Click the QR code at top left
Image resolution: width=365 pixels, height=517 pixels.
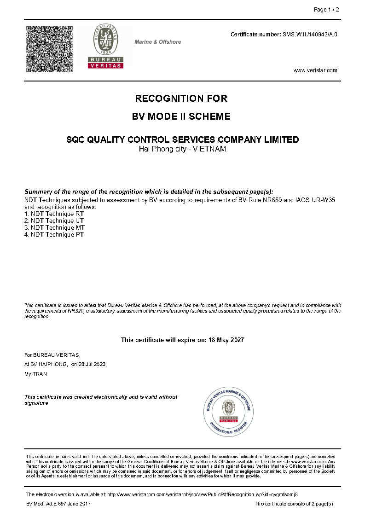(49, 49)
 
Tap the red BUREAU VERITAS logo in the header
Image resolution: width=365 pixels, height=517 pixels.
(105, 46)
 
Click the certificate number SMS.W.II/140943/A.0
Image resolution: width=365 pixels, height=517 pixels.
(310, 35)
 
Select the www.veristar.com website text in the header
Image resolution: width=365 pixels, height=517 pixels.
(315, 70)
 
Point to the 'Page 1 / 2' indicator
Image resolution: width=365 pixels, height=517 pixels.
(326, 10)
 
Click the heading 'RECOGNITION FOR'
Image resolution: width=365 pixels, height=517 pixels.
(181, 99)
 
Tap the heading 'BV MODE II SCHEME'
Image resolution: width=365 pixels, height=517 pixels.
(181, 116)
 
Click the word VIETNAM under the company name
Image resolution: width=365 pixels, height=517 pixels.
(209, 149)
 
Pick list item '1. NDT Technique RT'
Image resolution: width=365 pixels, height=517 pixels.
(54, 214)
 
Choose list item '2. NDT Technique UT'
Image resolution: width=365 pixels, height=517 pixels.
(54, 221)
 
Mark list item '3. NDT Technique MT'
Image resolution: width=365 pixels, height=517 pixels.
(54, 228)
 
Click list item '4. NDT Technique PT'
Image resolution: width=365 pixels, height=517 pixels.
(54, 235)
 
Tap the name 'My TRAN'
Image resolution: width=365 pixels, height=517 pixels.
(35, 374)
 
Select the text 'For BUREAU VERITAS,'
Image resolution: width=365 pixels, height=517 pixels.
(52, 355)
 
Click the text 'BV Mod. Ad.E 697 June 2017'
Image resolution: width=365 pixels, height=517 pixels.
(58, 504)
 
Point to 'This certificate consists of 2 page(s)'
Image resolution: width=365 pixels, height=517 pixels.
(294, 504)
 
